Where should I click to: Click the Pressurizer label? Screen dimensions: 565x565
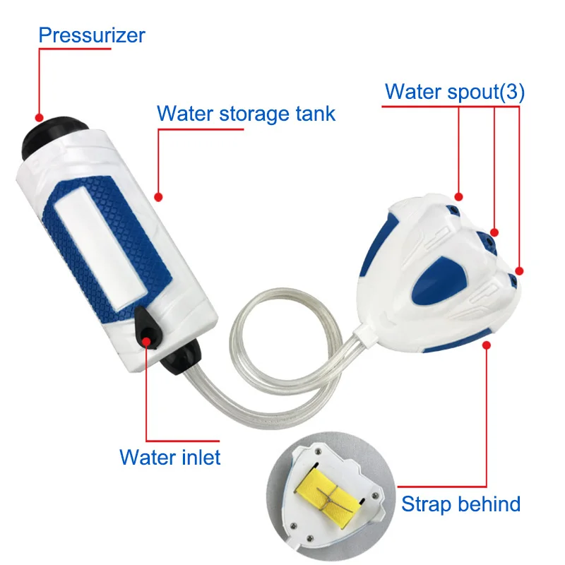pos(92,35)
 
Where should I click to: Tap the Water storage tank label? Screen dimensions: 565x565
pos(246,114)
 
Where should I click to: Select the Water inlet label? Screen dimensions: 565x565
pos(169,457)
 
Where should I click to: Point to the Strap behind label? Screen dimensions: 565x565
pos(461,504)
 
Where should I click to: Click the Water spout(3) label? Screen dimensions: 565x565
pos(455,92)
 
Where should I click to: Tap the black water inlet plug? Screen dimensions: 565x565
pos(148,327)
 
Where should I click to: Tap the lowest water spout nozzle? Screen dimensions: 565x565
pos(513,280)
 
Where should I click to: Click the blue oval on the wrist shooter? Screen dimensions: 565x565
pos(439,281)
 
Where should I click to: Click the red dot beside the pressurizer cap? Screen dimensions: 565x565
pos(40,117)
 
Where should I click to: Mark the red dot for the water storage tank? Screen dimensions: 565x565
pos(158,197)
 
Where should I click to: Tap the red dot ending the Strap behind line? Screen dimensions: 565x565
pos(487,345)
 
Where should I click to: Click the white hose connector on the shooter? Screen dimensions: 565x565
pos(364,334)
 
